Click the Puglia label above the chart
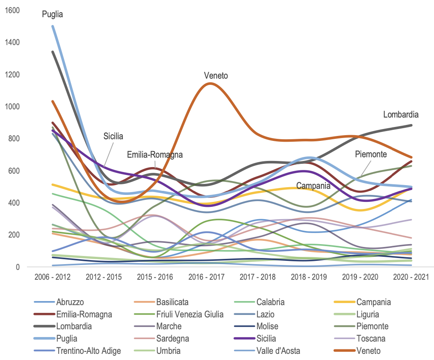(x=52, y=14)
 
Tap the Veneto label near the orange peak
(x=216, y=76)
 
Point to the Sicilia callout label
(x=113, y=136)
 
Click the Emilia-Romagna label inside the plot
(x=155, y=155)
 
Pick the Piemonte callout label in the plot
(x=371, y=154)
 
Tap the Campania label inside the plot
(x=314, y=186)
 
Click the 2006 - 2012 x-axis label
(x=52, y=277)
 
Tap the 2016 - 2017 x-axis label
(x=206, y=277)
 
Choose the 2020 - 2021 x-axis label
(x=411, y=277)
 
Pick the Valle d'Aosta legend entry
(x=279, y=351)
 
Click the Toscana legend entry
(x=371, y=339)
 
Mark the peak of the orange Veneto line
(x=210, y=84)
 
